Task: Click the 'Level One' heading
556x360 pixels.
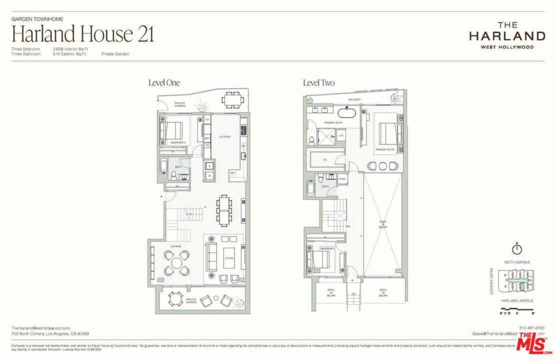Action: click(164, 83)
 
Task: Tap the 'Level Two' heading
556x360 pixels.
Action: click(319, 83)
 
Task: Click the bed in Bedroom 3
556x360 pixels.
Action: click(170, 131)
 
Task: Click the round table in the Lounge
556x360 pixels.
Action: click(177, 262)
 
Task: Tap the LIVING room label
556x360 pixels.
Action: click(229, 258)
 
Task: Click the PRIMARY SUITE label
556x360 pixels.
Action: click(386, 148)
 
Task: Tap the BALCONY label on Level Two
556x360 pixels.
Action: click(355, 99)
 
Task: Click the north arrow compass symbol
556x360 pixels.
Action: click(517, 248)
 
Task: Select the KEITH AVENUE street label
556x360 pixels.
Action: click(517, 262)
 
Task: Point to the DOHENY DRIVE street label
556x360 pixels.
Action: click(492, 281)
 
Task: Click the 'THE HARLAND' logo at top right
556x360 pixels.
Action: click(507, 35)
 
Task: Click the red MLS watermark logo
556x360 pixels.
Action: click(535, 343)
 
